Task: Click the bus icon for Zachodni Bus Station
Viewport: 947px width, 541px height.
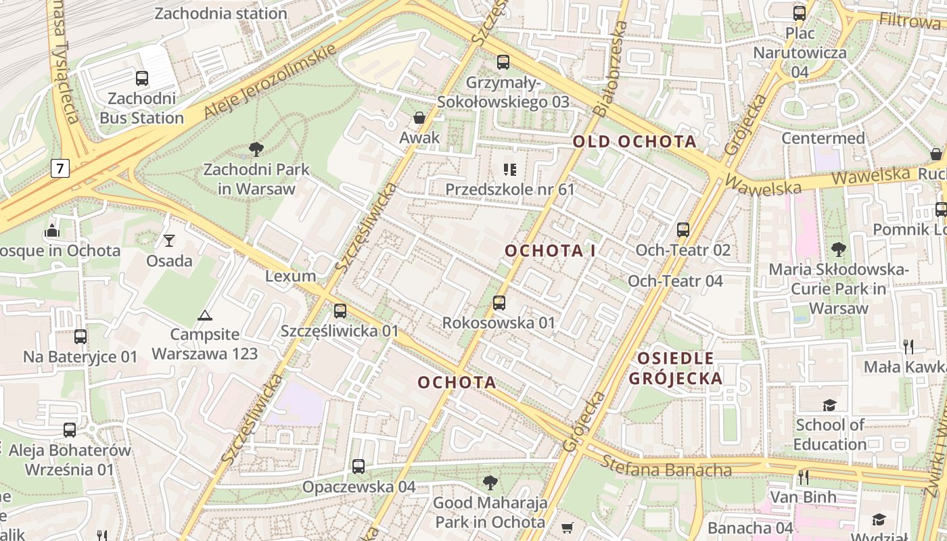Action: click(x=142, y=78)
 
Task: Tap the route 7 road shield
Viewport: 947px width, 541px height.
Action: click(x=60, y=168)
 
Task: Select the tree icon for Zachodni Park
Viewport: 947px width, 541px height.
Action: click(x=256, y=149)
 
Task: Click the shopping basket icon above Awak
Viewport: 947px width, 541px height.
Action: click(x=419, y=118)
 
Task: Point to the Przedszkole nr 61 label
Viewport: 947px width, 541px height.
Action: click(x=509, y=189)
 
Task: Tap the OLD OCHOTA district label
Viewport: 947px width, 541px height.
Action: click(x=634, y=141)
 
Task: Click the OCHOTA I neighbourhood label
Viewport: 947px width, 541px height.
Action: click(x=550, y=251)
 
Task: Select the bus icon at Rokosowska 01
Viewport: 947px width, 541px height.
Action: click(x=499, y=302)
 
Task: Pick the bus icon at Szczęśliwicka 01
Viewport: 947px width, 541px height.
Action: click(x=340, y=311)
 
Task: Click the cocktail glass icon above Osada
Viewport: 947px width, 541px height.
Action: click(x=168, y=240)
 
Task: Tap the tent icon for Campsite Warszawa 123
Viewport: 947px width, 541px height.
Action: click(x=204, y=315)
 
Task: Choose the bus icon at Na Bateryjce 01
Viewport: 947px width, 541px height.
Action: click(x=80, y=337)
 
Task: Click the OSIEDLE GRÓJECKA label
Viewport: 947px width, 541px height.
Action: click(x=676, y=369)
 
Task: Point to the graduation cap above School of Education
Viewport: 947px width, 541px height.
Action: click(x=829, y=405)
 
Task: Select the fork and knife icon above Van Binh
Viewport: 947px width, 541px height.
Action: click(x=803, y=477)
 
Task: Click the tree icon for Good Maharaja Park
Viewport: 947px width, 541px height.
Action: click(x=490, y=483)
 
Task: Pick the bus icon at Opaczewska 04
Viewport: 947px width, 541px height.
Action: click(x=359, y=467)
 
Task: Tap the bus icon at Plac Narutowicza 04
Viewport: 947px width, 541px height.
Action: click(x=800, y=13)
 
